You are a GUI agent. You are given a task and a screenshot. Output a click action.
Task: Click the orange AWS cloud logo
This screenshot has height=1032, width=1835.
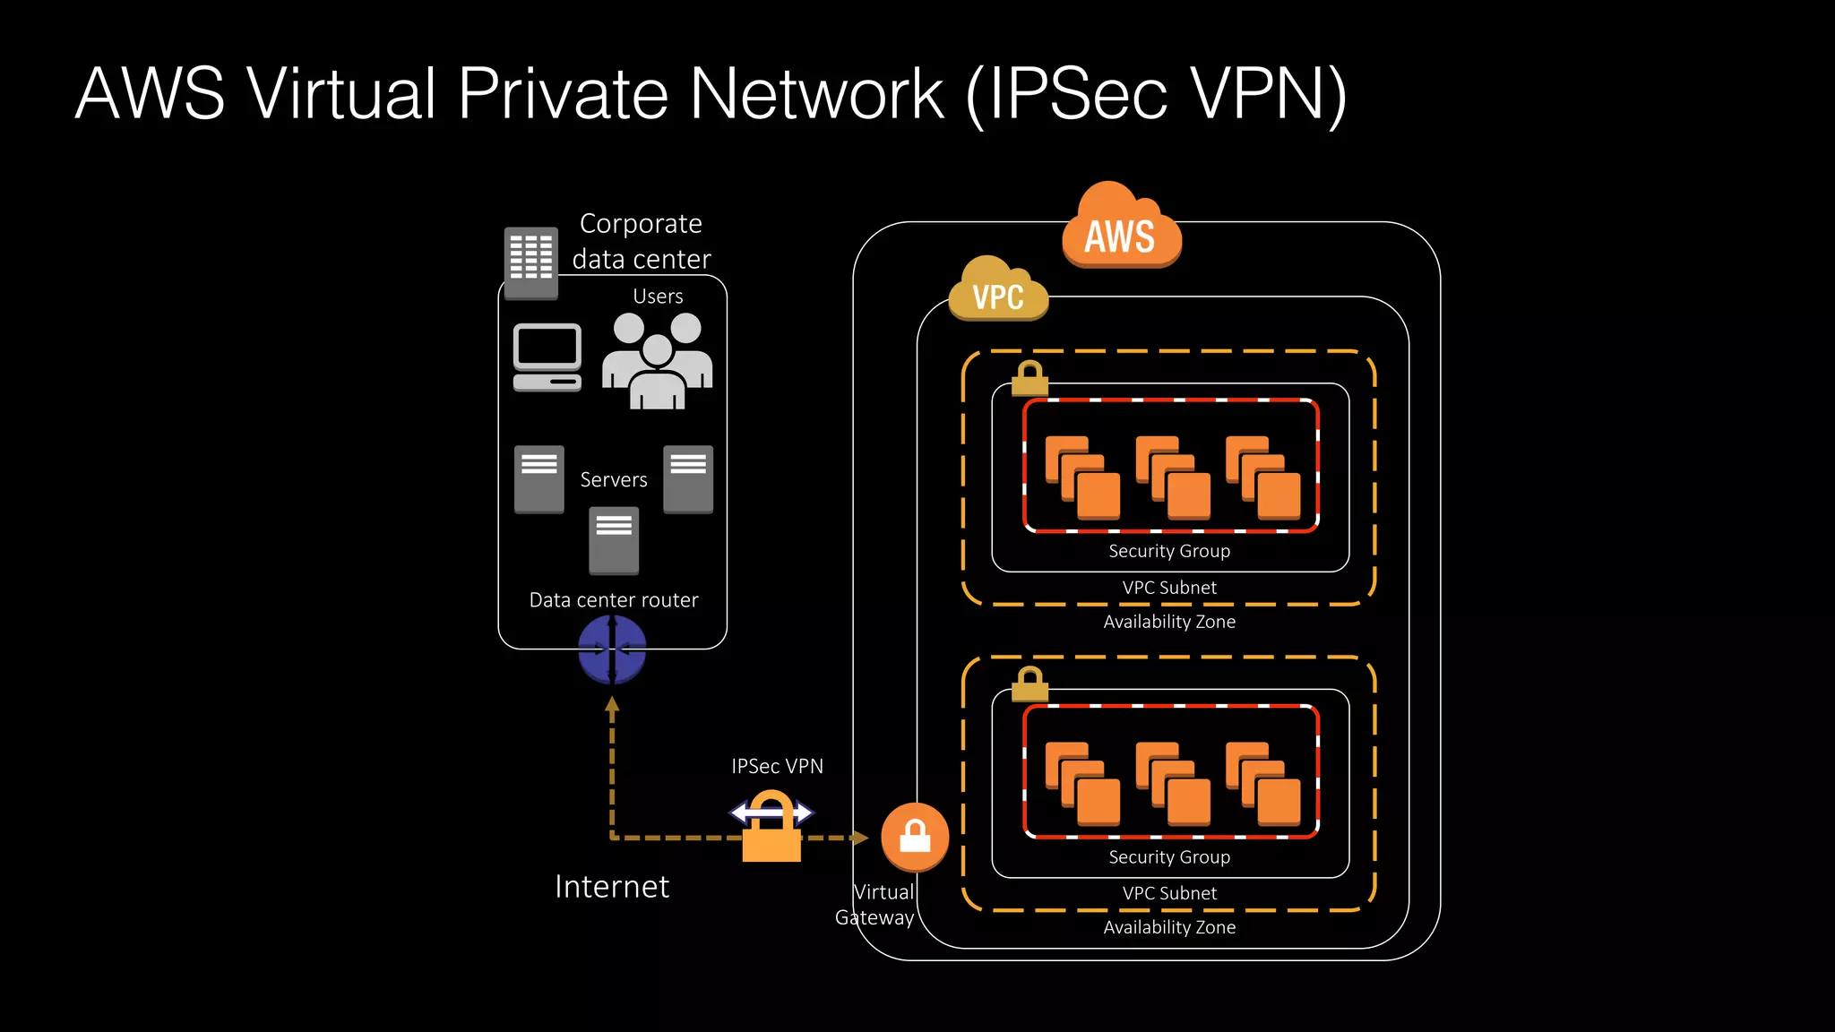[x=1121, y=228]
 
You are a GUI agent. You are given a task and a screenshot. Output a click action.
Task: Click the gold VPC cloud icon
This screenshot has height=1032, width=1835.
[x=998, y=290]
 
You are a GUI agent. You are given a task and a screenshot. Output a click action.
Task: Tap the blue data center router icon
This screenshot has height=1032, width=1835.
[x=612, y=649]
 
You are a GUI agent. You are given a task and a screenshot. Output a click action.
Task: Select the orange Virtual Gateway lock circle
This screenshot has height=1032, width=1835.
[x=915, y=837]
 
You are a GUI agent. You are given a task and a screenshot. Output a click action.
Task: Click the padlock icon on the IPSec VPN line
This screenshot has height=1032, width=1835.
[x=771, y=829]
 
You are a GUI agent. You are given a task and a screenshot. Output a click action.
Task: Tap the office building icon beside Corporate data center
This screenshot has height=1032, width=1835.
[x=531, y=262]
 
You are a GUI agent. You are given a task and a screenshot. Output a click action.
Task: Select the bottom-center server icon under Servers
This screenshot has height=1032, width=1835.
[x=614, y=540]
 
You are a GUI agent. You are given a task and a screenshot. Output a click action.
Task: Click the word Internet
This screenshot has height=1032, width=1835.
[x=612, y=886]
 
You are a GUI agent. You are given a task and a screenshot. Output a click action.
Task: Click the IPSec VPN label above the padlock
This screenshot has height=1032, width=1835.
[x=777, y=766]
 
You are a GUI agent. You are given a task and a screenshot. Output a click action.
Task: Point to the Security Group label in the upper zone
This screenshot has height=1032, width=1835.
[x=1169, y=551]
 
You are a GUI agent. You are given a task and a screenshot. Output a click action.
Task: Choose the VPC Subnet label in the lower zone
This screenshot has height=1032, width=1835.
[x=1169, y=893]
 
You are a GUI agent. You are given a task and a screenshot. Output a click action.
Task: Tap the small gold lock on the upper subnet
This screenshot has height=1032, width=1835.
[x=1029, y=379]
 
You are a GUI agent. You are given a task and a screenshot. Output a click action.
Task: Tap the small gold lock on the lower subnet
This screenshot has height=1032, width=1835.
[x=1029, y=684]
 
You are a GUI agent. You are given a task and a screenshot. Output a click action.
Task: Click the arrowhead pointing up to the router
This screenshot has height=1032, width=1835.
[x=612, y=705]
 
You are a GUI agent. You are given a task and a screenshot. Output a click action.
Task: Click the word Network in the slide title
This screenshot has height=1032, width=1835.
[x=816, y=93]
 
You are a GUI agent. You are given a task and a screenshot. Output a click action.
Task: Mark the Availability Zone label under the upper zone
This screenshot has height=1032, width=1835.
[x=1169, y=622]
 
